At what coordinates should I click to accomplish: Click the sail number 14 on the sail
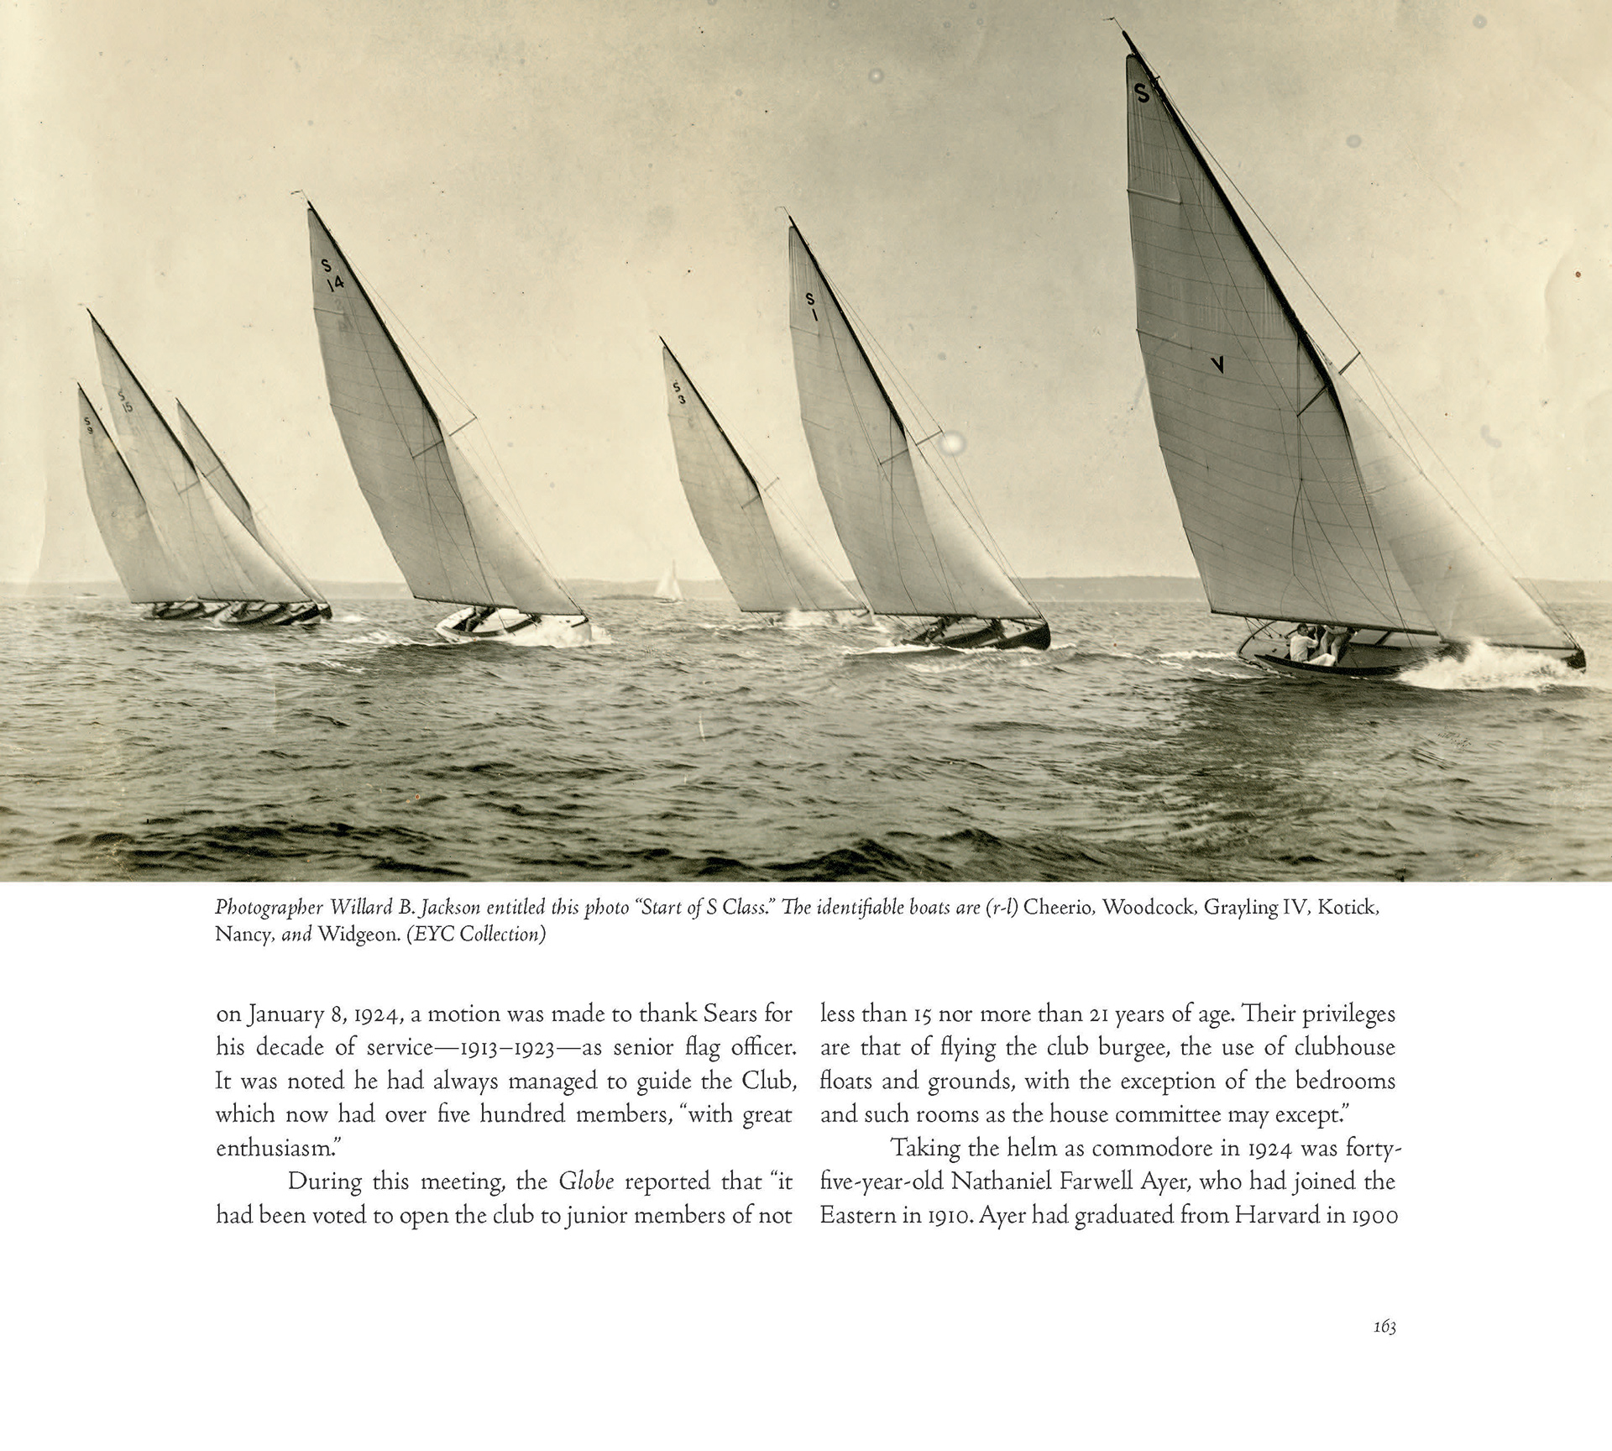(335, 283)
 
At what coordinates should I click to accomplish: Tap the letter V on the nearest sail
(1217, 364)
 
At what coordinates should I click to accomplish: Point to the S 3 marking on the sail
(679, 393)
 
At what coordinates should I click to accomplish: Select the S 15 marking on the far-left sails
(124, 401)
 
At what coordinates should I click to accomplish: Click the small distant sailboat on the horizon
(668, 583)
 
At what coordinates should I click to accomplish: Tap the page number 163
(1384, 1326)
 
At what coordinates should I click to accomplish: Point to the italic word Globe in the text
(586, 1181)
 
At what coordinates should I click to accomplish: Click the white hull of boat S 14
(512, 627)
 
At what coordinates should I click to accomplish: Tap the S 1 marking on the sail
(812, 306)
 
